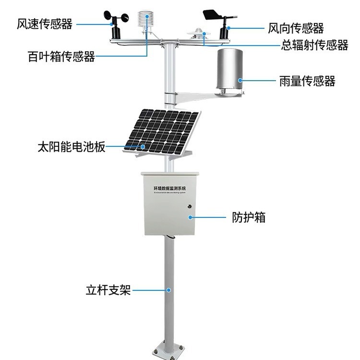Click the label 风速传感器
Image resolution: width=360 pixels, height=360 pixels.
(x=44, y=24)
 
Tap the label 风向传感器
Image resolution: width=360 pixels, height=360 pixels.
(x=296, y=28)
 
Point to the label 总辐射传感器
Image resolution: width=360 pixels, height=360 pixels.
(x=314, y=45)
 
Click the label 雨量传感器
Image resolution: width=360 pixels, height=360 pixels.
(x=307, y=81)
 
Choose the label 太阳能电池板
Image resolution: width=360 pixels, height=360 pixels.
(x=71, y=146)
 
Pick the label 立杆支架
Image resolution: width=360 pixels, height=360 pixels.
(x=108, y=290)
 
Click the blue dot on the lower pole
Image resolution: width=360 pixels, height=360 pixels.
(x=168, y=290)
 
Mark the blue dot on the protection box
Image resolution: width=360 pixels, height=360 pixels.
(x=190, y=217)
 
